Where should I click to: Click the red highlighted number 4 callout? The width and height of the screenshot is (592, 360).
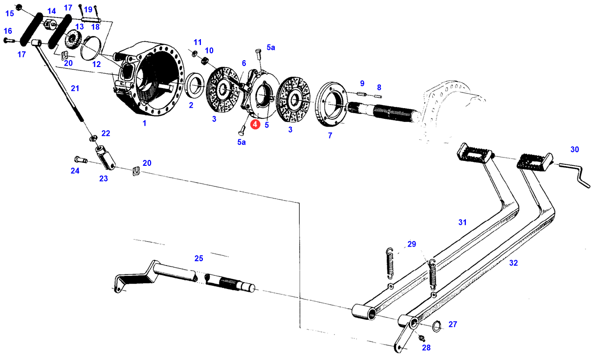(255, 124)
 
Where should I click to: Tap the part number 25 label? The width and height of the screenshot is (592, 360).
(199, 258)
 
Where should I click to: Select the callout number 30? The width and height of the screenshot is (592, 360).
(574, 150)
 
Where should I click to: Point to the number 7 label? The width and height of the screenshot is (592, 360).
(330, 135)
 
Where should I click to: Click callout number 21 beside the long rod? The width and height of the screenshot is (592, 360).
(75, 89)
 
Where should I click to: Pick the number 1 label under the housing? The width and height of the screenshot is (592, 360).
(144, 123)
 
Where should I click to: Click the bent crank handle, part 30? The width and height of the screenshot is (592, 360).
(575, 175)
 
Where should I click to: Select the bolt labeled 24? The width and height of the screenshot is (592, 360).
(81, 160)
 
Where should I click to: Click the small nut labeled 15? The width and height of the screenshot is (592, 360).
(19, 7)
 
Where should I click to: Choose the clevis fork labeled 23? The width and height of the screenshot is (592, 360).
(105, 158)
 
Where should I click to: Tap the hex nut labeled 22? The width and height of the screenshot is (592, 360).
(93, 138)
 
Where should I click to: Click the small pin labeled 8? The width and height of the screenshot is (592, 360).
(378, 96)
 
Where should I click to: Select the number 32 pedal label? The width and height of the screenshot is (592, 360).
(513, 263)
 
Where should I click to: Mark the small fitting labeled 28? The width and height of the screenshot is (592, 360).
(421, 338)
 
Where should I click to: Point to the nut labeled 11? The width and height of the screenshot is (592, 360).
(194, 54)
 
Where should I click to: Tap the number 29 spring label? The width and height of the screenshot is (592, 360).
(412, 244)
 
